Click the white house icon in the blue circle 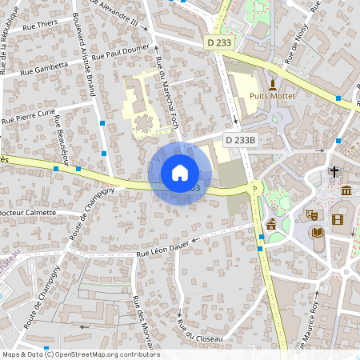[x=180, y=173]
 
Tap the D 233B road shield [x=241, y=139]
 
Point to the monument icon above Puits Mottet [x=272, y=84]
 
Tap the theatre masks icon [x=311, y=214]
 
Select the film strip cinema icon [x=337, y=219]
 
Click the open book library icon [x=318, y=233]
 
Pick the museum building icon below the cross [x=346, y=190]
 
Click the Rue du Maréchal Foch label [x=166, y=92]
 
